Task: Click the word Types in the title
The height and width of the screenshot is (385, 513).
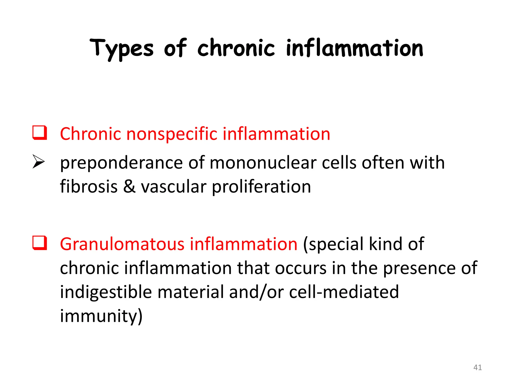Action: coord(122,48)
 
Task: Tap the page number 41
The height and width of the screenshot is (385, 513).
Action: coord(477,367)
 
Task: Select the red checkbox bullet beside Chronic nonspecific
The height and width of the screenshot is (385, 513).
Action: coord(40,133)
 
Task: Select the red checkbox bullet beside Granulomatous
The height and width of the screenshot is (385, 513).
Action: coord(40,243)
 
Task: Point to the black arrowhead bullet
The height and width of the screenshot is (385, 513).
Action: coord(39,162)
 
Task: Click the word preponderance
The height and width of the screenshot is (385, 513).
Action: coord(121,163)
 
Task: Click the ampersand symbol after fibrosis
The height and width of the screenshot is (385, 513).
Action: coord(129,186)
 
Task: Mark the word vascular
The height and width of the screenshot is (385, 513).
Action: coord(174,186)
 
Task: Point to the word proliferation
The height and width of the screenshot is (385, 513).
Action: coord(261,187)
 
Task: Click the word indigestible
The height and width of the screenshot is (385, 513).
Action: coord(106,292)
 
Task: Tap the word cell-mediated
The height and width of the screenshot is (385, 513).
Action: coord(344,292)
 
